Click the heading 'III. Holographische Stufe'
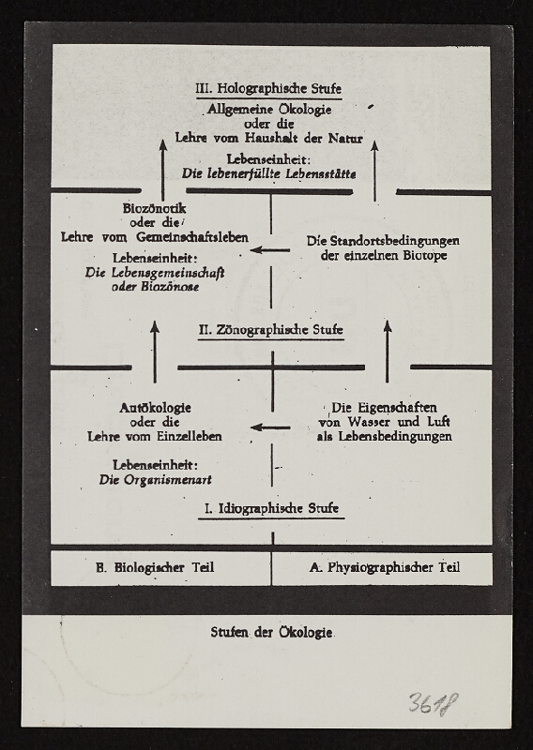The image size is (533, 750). [268, 90]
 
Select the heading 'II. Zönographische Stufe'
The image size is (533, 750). [270, 331]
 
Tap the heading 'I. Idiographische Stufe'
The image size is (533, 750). [273, 509]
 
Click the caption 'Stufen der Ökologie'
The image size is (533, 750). [272, 632]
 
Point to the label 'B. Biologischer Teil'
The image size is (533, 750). [155, 567]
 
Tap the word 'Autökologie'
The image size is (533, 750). [156, 408]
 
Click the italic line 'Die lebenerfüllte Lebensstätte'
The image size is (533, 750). [269, 173]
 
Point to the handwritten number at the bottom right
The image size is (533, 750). [433, 703]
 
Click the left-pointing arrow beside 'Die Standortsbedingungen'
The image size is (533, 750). [270, 249]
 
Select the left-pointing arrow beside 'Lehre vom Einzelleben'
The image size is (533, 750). [270, 427]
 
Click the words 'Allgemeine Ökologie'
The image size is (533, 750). [269, 110]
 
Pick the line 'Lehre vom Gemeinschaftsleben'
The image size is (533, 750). [155, 237]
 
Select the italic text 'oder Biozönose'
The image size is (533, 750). [156, 286]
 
